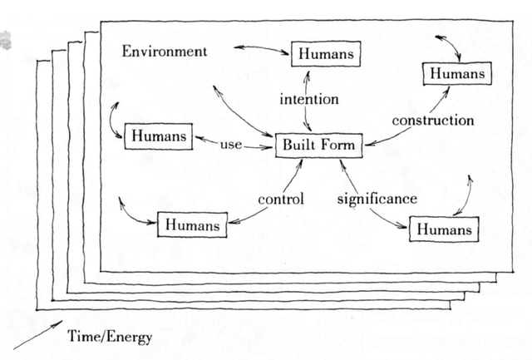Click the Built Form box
point(318,145)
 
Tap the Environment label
point(165,52)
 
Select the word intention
point(309,100)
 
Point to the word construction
point(433,121)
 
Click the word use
point(231,145)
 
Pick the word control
point(281,199)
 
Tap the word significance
point(377,199)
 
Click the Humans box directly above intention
point(326,53)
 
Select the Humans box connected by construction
point(457,73)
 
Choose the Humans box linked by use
point(159,136)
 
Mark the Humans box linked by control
point(192,224)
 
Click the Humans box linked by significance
point(444,229)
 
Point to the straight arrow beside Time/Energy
point(38,334)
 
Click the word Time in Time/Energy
point(81,336)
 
